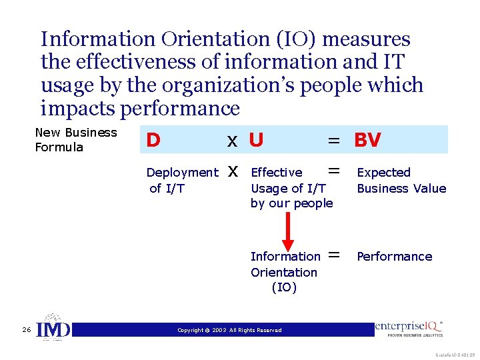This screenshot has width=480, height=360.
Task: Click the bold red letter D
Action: click(153, 140)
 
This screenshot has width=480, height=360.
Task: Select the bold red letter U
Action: click(256, 140)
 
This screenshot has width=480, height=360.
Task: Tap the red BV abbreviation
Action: click(367, 140)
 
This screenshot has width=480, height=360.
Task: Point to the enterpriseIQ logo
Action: click(409, 328)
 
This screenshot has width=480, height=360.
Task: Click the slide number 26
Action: click(25, 330)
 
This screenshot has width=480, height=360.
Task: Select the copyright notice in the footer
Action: click(229, 330)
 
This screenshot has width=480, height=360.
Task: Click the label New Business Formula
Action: click(75, 140)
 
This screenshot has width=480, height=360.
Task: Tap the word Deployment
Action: click(182, 173)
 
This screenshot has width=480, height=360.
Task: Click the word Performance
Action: click(395, 257)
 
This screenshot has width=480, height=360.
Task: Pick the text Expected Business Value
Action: click(401, 181)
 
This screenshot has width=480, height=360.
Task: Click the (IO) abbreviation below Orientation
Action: click(284, 288)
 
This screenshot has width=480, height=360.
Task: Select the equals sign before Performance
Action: click(334, 255)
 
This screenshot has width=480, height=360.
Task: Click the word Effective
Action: click(276, 173)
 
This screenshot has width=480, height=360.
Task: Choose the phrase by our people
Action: click(291, 204)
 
